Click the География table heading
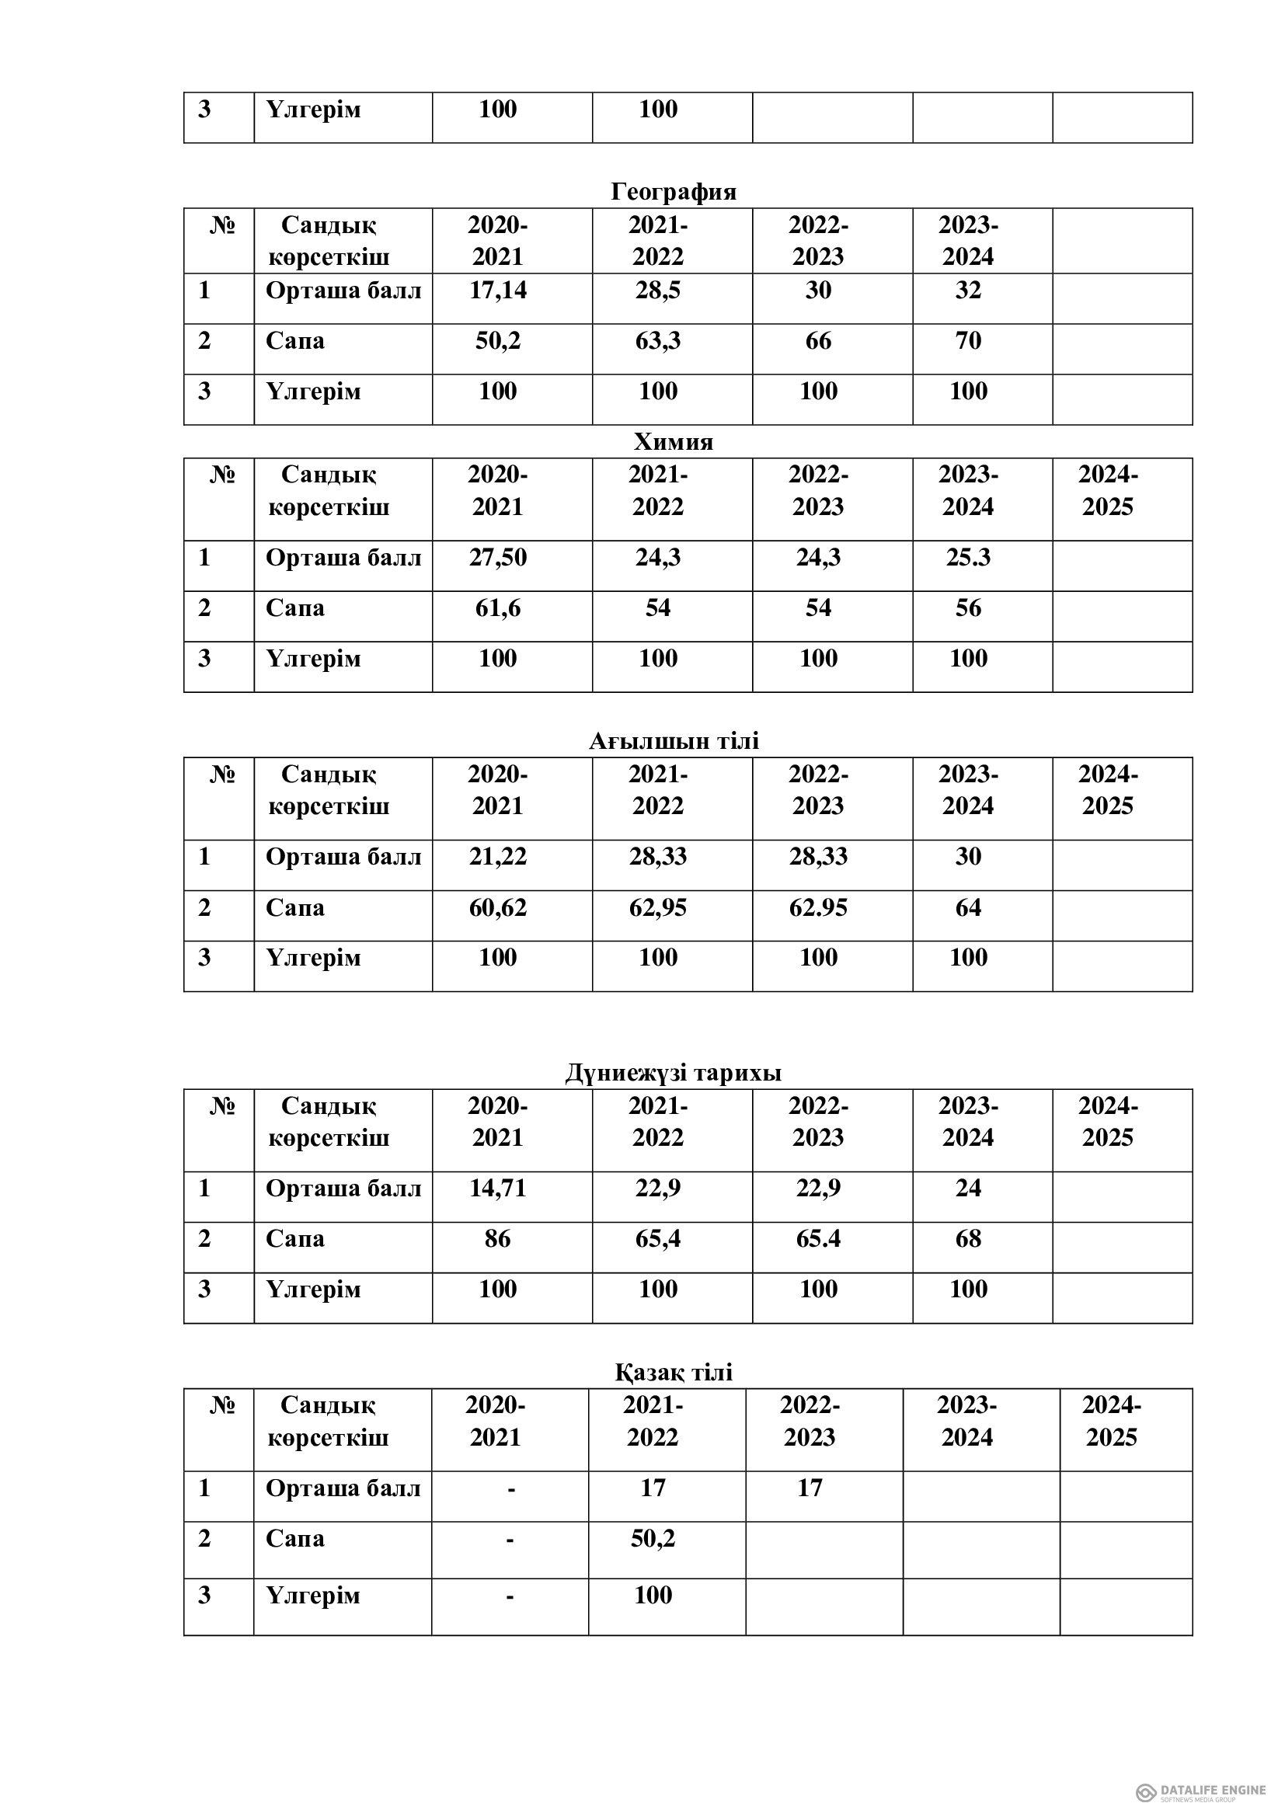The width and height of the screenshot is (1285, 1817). click(674, 192)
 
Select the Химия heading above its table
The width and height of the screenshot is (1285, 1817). click(674, 441)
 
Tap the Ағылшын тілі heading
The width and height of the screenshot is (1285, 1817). click(674, 741)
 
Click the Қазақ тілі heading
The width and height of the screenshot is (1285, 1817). click(674, 1371)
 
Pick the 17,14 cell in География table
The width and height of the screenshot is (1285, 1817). click(498, 291)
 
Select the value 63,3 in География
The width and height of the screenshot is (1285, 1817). click(657, 341)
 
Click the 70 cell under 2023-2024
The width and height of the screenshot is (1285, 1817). click(968, 341)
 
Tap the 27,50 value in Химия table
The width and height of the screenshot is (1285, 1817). click(498, 558)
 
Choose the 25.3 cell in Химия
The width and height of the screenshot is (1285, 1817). click(968, 558)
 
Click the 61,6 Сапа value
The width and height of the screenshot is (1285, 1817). click(498, 608)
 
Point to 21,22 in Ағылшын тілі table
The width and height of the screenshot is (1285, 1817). click(498, 856)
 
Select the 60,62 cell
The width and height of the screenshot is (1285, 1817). click(498, 907)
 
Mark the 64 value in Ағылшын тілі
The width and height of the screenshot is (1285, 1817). click(968, 907)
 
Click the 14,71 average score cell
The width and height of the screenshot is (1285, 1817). click(498, 1188)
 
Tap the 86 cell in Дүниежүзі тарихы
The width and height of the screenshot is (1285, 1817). click(498, 1238)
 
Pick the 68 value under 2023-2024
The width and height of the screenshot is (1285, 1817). click(968, 1238)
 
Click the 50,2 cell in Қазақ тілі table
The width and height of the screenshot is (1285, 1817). click(653, 1538)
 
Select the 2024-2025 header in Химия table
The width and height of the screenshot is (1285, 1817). click(1108, 491)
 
